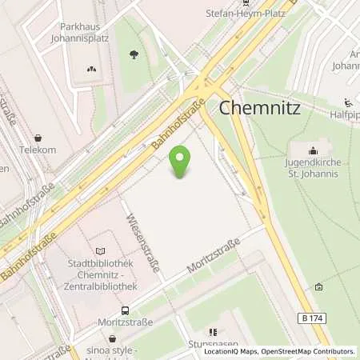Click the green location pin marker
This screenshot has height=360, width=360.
coord(183,162)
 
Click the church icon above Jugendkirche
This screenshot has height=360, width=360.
coord(313,150)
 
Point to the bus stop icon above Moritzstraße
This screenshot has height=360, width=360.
coord(125,310)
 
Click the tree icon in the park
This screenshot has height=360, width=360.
coord(134,54)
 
